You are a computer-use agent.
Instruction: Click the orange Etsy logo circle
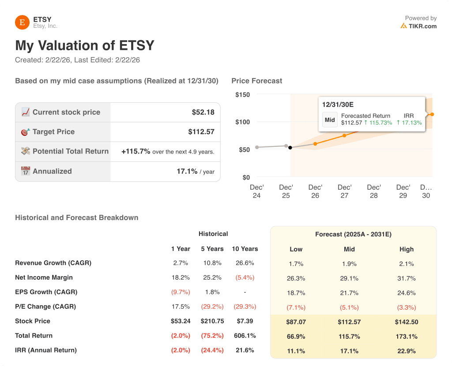click(x=22, y=22)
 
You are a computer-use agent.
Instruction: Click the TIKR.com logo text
click(x=422, y=26)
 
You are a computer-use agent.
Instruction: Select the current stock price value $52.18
click(x=203, y=112)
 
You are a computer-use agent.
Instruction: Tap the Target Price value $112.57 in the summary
click(x=201, y=131)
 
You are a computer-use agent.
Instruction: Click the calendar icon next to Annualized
click(x=26, y=171)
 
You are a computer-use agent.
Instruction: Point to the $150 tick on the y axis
click(x=242, y=94)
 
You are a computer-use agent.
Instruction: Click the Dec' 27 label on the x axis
click(x=344, y=191)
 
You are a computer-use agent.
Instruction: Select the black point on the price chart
click(x=290, y=147)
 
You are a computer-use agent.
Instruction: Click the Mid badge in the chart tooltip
click(x=330, y=120)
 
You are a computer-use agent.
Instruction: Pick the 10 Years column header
click(x=245, y=249)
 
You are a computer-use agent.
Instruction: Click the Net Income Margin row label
click(x=44, y=277)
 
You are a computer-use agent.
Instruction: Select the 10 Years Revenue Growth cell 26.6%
click(x=245, y=263)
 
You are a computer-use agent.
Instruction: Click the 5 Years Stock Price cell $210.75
click(x=212, y=321)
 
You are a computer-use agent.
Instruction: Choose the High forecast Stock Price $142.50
click(x=407, y=322)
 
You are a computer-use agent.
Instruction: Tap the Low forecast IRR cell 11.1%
click(x=296, y=351)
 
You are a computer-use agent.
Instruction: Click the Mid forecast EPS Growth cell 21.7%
click(x=349, y=293)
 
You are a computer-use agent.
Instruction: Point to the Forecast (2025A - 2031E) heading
click(x=353, y=234)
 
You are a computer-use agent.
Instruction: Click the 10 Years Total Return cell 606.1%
click(x=245, y=336)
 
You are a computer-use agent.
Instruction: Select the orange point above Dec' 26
click(x=315, y=144)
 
